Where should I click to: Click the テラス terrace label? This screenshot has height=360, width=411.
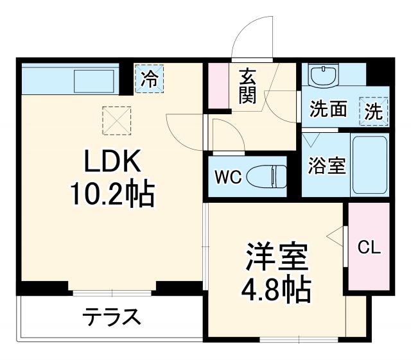pyautogui.click(x=111, y=316)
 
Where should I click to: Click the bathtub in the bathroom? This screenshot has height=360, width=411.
pyautogui.click(x=371, y=166)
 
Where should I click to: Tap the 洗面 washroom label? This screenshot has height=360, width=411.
pyautogui.click(x=328, y=110)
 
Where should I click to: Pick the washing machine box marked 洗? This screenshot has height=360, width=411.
pyautogui.click(x=374, y=110)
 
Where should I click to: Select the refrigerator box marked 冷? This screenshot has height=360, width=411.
pyautogui.click(x=149, y=79)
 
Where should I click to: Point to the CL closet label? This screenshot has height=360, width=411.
pyautogui.click(x=369, y=246)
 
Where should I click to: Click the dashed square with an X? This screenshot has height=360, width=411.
pyautogui.click(x=116, y=119)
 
